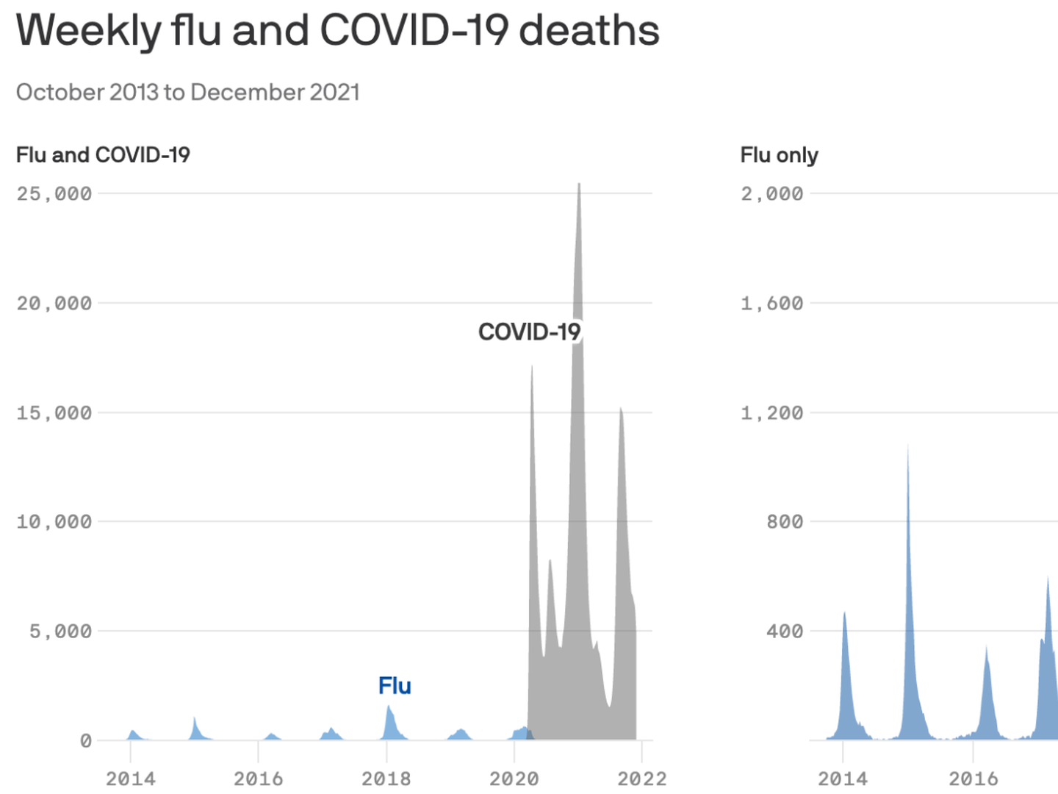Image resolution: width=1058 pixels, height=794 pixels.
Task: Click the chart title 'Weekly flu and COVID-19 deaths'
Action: pos(337,31)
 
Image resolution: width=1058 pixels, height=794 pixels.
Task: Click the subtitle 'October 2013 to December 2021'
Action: pos(187,93)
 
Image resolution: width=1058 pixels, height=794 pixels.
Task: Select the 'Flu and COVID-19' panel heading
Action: pos(103,155)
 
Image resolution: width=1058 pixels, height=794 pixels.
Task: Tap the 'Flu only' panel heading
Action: pos(779,155)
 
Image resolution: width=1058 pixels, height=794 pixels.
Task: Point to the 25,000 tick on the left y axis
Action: pos(54,194)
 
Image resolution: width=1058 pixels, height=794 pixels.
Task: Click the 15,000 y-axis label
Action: pos(54,413)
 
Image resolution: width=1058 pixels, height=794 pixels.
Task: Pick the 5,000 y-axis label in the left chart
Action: pos(60,632)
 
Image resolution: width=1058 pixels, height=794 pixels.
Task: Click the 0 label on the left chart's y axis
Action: pos(86,741)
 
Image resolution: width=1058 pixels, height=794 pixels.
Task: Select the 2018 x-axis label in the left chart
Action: pos(386,779)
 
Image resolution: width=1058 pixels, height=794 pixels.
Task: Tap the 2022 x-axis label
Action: pos(641,779)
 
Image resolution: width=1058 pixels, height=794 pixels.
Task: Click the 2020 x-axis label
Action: pos(514,779)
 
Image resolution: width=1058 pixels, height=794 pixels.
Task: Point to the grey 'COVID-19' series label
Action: pos(529,332)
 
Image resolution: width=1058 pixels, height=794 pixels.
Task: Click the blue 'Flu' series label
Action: pos(395,686)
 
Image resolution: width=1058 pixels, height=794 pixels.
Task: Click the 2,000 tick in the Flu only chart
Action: pos(771,194)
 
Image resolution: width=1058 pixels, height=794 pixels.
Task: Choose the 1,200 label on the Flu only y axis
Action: pos(771,413)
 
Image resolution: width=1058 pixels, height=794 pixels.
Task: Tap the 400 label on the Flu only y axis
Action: pos(784,632)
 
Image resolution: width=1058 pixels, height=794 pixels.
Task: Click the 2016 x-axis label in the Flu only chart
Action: pos(973,779)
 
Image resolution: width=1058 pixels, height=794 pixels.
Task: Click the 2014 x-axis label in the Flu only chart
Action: pos(842,779)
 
